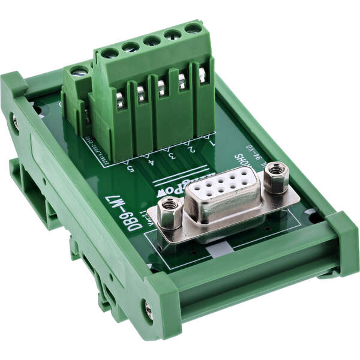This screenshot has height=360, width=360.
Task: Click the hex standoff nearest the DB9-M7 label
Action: point(169,213)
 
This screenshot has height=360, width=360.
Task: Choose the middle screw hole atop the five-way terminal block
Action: point(152,40)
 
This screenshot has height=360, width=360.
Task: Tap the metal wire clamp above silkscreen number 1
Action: point(202,75)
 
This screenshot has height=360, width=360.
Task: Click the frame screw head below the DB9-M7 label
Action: point(149,310)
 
